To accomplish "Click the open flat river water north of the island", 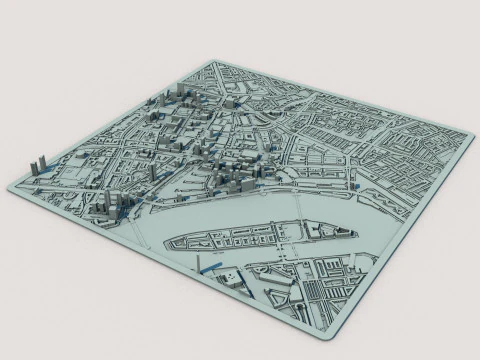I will pyautogui.click(x=230, y=212).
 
